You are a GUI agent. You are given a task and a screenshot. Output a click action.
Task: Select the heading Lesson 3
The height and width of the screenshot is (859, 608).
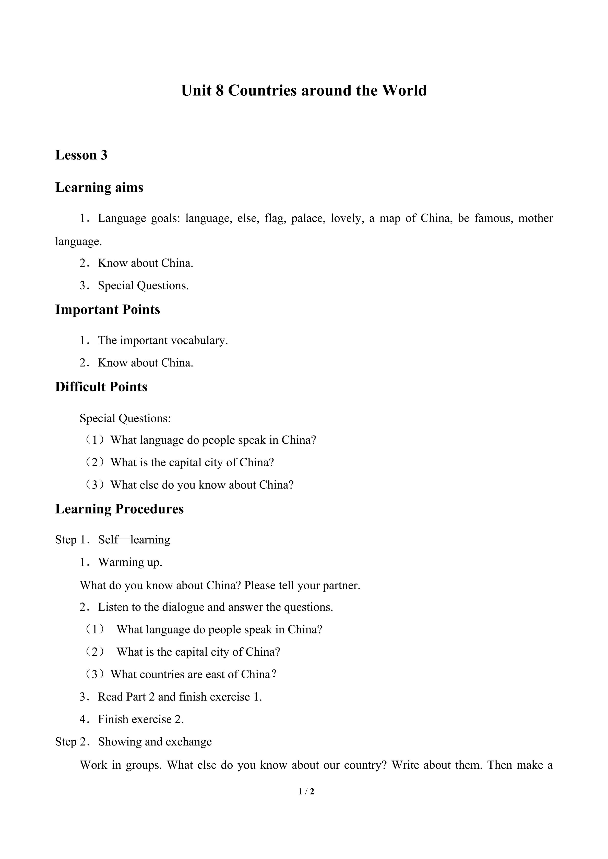pyautogui.click(x=81, y=155)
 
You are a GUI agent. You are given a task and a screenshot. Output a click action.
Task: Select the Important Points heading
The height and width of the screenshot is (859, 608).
pyautogui.click(x=108, y=310)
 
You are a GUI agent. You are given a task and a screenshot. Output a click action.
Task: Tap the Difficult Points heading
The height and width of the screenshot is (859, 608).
pyautogui.click(x=101, y=387)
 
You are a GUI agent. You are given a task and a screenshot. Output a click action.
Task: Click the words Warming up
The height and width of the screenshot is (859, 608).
pyautogui.click(x=130, y=562)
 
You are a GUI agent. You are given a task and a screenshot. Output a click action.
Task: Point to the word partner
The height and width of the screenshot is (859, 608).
pyautogui.click(x=341, y=586)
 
